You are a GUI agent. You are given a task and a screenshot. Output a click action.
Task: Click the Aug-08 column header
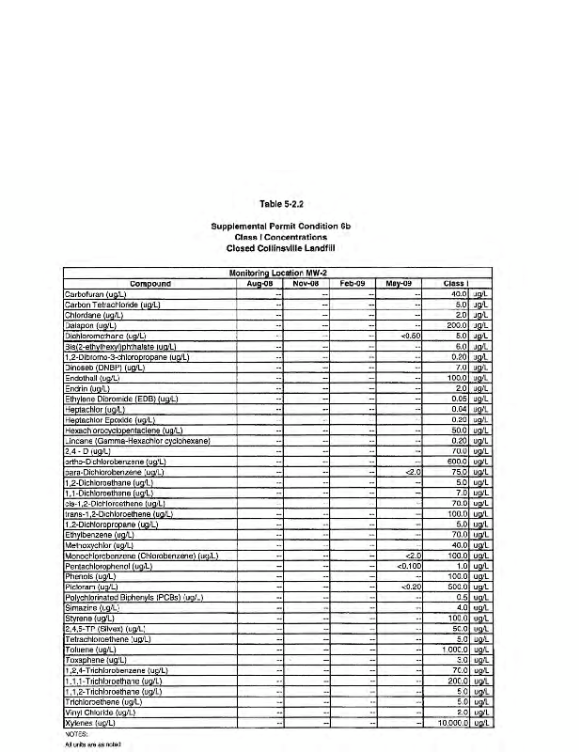(x=259, y=281)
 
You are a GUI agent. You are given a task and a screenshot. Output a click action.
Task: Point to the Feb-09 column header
(x=353, y=281)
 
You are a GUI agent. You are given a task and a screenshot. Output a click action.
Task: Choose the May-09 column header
(x=400, y=281)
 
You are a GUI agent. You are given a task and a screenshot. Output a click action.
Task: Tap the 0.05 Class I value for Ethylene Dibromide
(x=459, y=399)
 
